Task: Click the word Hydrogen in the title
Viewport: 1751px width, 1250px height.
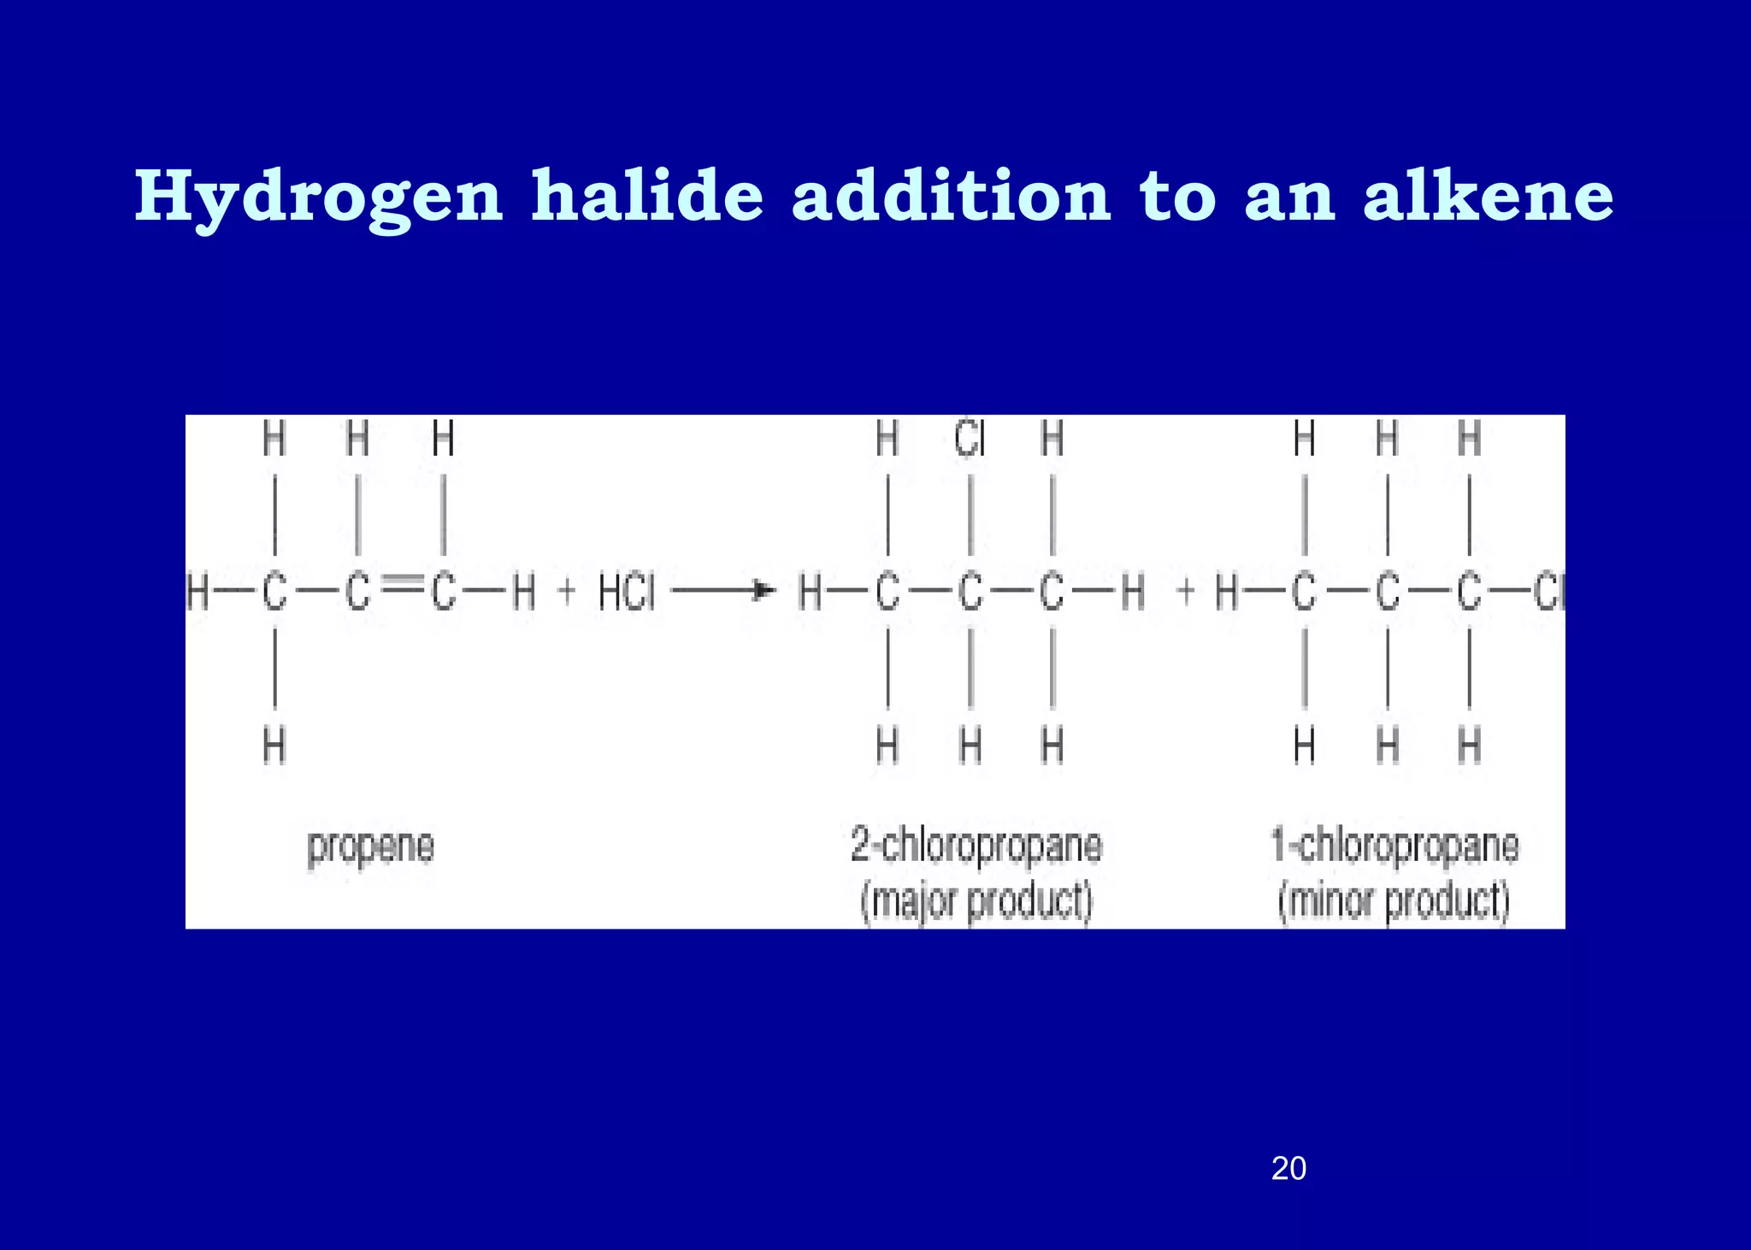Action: pos(318,198)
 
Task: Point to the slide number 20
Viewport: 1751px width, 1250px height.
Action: pos(1288,1168)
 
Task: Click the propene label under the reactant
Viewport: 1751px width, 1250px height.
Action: pos(371,847)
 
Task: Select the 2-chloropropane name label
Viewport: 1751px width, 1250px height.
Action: pos(976,846)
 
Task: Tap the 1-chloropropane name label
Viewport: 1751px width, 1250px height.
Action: pos(1394,846)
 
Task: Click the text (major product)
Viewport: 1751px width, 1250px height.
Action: pos(976,902)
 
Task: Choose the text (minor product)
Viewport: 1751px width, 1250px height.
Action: pos(1394,902)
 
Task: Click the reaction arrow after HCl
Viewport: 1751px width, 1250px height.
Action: pos(723,591)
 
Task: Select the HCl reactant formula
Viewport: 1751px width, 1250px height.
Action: pos(627,593)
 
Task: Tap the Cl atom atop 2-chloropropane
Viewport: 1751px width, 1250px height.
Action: pos(970,440)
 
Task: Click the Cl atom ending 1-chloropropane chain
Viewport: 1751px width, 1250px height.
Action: pos(1549,593)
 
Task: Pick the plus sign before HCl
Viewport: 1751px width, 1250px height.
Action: pos(566,592)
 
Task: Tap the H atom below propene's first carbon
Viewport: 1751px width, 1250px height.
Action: pos(274,746)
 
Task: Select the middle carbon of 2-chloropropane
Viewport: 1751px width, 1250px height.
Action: pos(970,593)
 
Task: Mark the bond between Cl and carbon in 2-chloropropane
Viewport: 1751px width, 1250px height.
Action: pos(970,515)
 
